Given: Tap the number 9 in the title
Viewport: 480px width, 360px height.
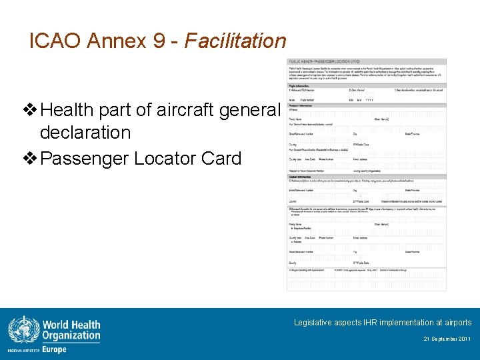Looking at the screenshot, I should [x=161, y=41].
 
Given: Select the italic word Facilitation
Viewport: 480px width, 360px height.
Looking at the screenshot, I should [x=235, y=41].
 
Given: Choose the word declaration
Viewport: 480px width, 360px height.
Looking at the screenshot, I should [x=85, y=132].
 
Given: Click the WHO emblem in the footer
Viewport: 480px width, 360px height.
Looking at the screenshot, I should [x=23, y=331].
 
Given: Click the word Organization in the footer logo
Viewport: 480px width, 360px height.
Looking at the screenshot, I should [x=71, y=336].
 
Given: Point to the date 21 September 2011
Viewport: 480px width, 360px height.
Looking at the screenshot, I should [x=447, y=339].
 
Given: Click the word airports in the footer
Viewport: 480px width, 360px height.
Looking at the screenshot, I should [x=456, y=323].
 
